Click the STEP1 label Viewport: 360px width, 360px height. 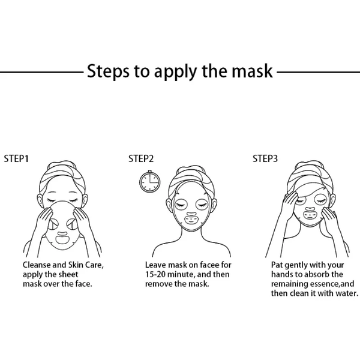(17, 159)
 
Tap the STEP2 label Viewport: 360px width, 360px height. (141, 159)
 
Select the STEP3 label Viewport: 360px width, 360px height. (265, 159)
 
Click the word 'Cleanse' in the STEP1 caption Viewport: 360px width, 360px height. (38, 265)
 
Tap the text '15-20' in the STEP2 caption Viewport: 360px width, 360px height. (157, 274)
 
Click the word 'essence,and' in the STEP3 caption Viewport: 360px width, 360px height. (323, 284)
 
